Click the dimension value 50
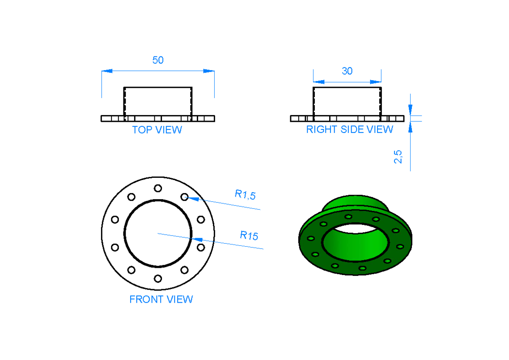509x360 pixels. (158, 60)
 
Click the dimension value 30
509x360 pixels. (347, 71)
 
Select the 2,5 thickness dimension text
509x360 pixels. (398, 156)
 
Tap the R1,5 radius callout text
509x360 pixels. (245, 195)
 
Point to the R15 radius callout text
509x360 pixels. (249, 235)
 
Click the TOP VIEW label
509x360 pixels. (157, 130)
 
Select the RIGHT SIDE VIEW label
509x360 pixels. (350, 129)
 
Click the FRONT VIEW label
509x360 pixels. (161, 299)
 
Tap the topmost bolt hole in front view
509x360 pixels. (158, 188)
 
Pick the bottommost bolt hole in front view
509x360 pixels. (158, 278)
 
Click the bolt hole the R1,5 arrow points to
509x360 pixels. (185, 197)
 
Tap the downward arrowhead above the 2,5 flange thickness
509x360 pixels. (410, 110)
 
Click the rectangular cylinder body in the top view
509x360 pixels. (158, 101)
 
